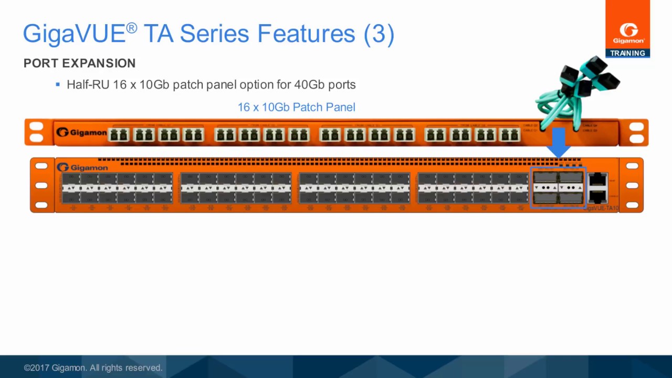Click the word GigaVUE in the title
[x=74, y=34]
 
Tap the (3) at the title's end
[x=379, y=34]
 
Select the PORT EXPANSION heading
[x=79, y=63]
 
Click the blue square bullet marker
[x=58, y=84]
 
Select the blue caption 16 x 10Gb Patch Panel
[x=296, y=107]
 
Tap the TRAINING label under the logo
[x=627, y=53]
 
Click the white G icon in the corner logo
[x=628, y=29]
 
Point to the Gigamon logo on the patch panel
[x=81, y=132]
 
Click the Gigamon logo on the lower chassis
[x=82, y=167]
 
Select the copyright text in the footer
[x=93, y=367]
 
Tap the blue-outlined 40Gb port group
[x=558, y=187]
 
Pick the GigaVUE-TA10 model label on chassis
[x=601, y=208]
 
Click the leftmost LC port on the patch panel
[x=119, y=135]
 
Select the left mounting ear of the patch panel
[x=37, y=132]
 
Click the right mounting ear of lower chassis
[x=632, y=185]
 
